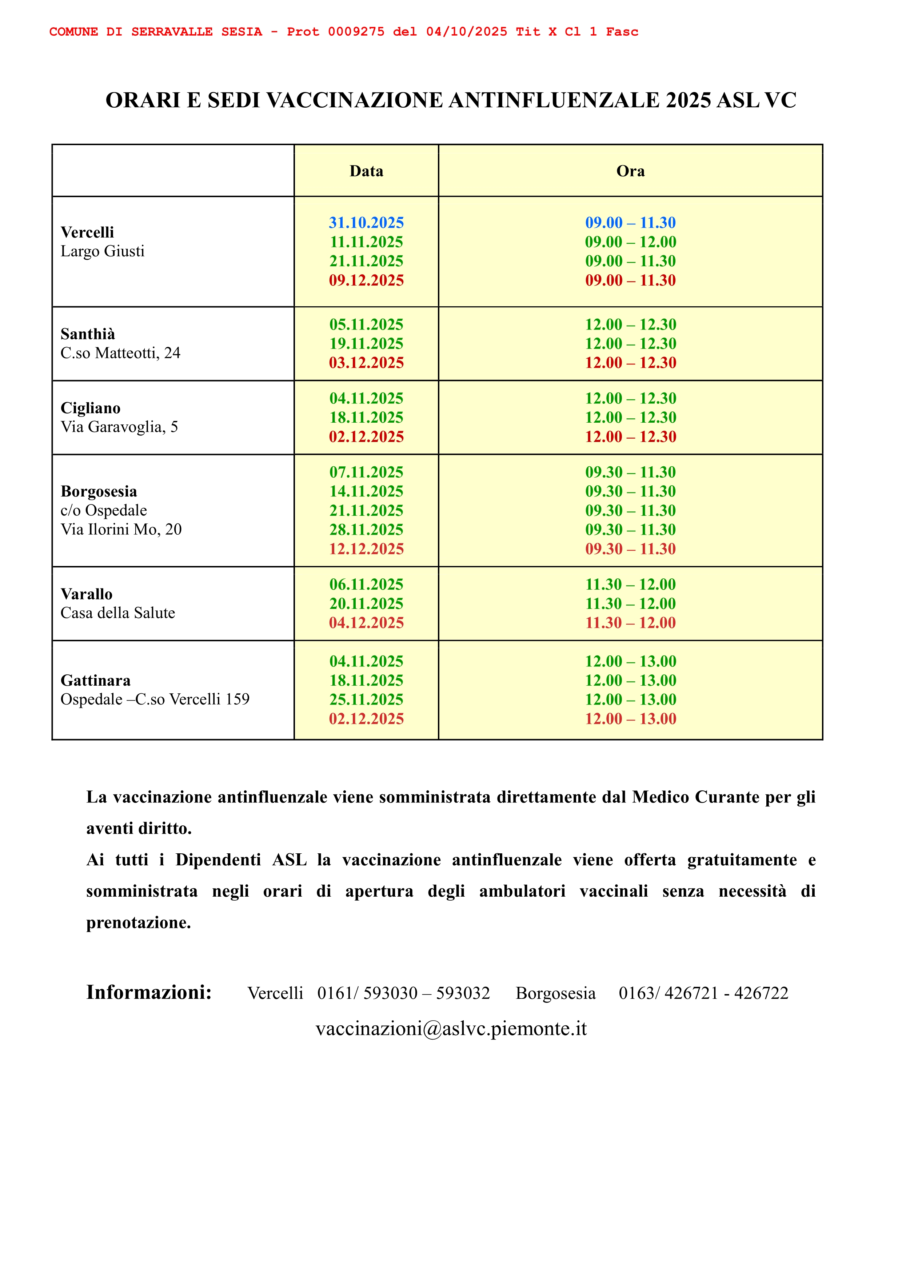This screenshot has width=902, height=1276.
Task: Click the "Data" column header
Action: click(366, 171)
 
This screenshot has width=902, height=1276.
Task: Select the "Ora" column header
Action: click(630, 171)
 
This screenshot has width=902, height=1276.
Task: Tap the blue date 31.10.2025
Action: click(366, 223)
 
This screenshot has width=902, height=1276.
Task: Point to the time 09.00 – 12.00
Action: click(630, 242)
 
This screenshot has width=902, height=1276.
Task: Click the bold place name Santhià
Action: click(88, 334)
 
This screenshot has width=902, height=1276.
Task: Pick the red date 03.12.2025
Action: click(366, 363)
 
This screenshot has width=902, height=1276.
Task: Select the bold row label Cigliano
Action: click(91, 408)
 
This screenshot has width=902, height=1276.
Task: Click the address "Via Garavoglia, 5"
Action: click(120, 427)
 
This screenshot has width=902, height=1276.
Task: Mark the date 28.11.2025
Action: click(366, 530)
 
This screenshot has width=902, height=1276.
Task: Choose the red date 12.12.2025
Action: click(366, 549)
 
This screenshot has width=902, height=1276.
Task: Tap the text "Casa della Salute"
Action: click(118, 613)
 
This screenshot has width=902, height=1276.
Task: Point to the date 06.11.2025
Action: click(366, 585)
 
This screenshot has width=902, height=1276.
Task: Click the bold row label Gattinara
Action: click(96, 680)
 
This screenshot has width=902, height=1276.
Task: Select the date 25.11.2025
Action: click(366, 700)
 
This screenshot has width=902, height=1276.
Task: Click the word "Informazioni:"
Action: click(149, 992)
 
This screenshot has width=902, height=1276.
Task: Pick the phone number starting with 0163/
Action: click(703, 993)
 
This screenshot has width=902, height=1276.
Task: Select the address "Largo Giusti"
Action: click(103, 251)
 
